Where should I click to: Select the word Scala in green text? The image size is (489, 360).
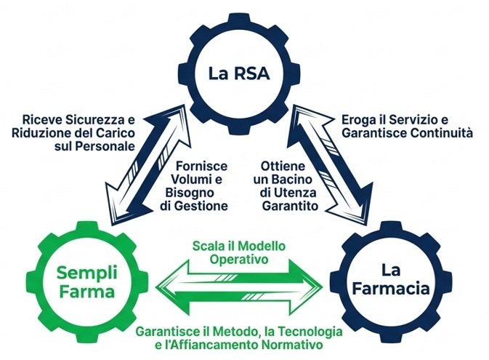tap(209, 246)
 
